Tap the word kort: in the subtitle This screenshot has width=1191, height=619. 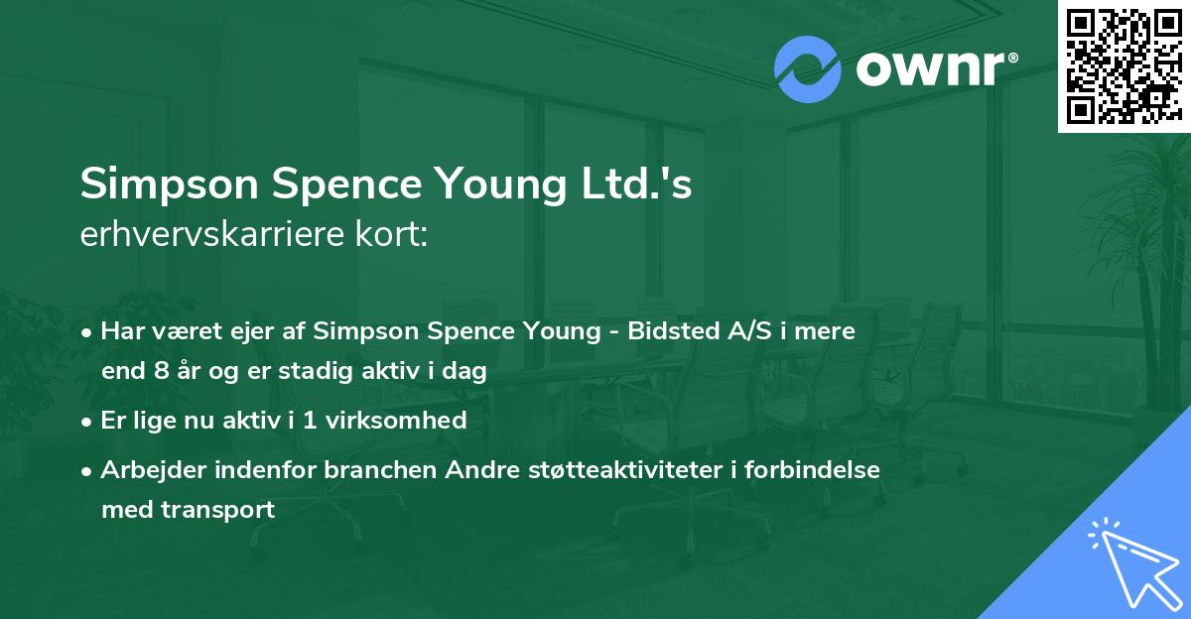[x=392, y=236]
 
